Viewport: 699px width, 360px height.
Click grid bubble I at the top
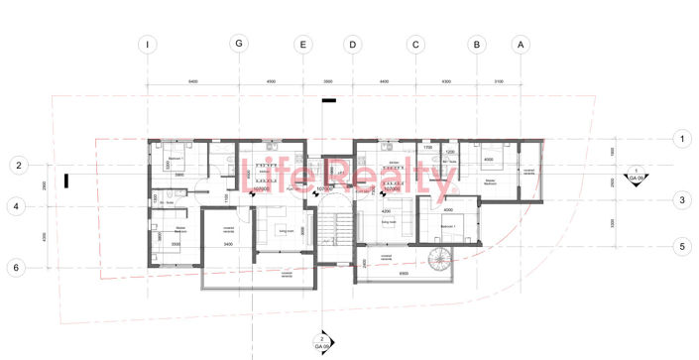tap(147, 44)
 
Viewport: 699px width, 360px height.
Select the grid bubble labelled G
tap(237, 44)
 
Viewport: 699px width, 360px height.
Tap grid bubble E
tap(303, 44)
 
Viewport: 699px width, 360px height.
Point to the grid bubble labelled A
tap(519, 44)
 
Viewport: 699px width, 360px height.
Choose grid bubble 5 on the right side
tap(681, 246)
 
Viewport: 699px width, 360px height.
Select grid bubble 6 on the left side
tap(15, 268)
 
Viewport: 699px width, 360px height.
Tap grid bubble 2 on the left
tap(15, 165)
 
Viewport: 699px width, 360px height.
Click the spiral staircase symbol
tap(437, 261)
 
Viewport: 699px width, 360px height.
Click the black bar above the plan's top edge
tap(329, 100)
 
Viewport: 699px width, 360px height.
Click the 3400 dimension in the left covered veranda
tap(227, 243)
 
